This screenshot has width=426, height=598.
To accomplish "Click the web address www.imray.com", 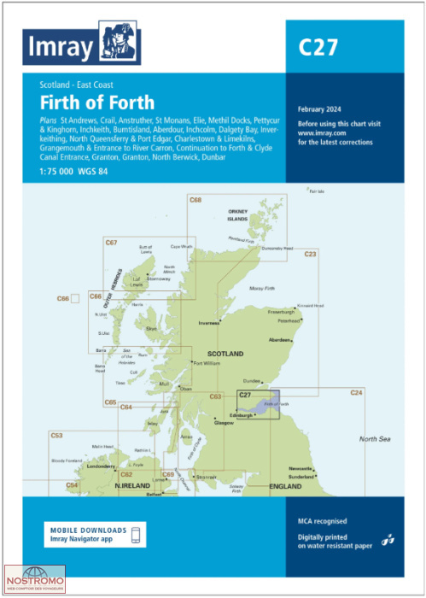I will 323,132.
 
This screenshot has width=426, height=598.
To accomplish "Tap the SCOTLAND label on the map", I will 225,353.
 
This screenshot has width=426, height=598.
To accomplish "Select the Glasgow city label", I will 225,423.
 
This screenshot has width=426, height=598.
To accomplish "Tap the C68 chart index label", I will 195,200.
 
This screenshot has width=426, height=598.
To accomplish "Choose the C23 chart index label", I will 310,255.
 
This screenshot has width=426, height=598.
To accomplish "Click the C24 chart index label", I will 356,392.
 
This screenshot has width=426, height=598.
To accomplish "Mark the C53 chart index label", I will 56,436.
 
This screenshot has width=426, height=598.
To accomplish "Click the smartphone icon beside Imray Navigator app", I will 137,535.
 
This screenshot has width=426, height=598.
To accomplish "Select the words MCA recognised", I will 324,520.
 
